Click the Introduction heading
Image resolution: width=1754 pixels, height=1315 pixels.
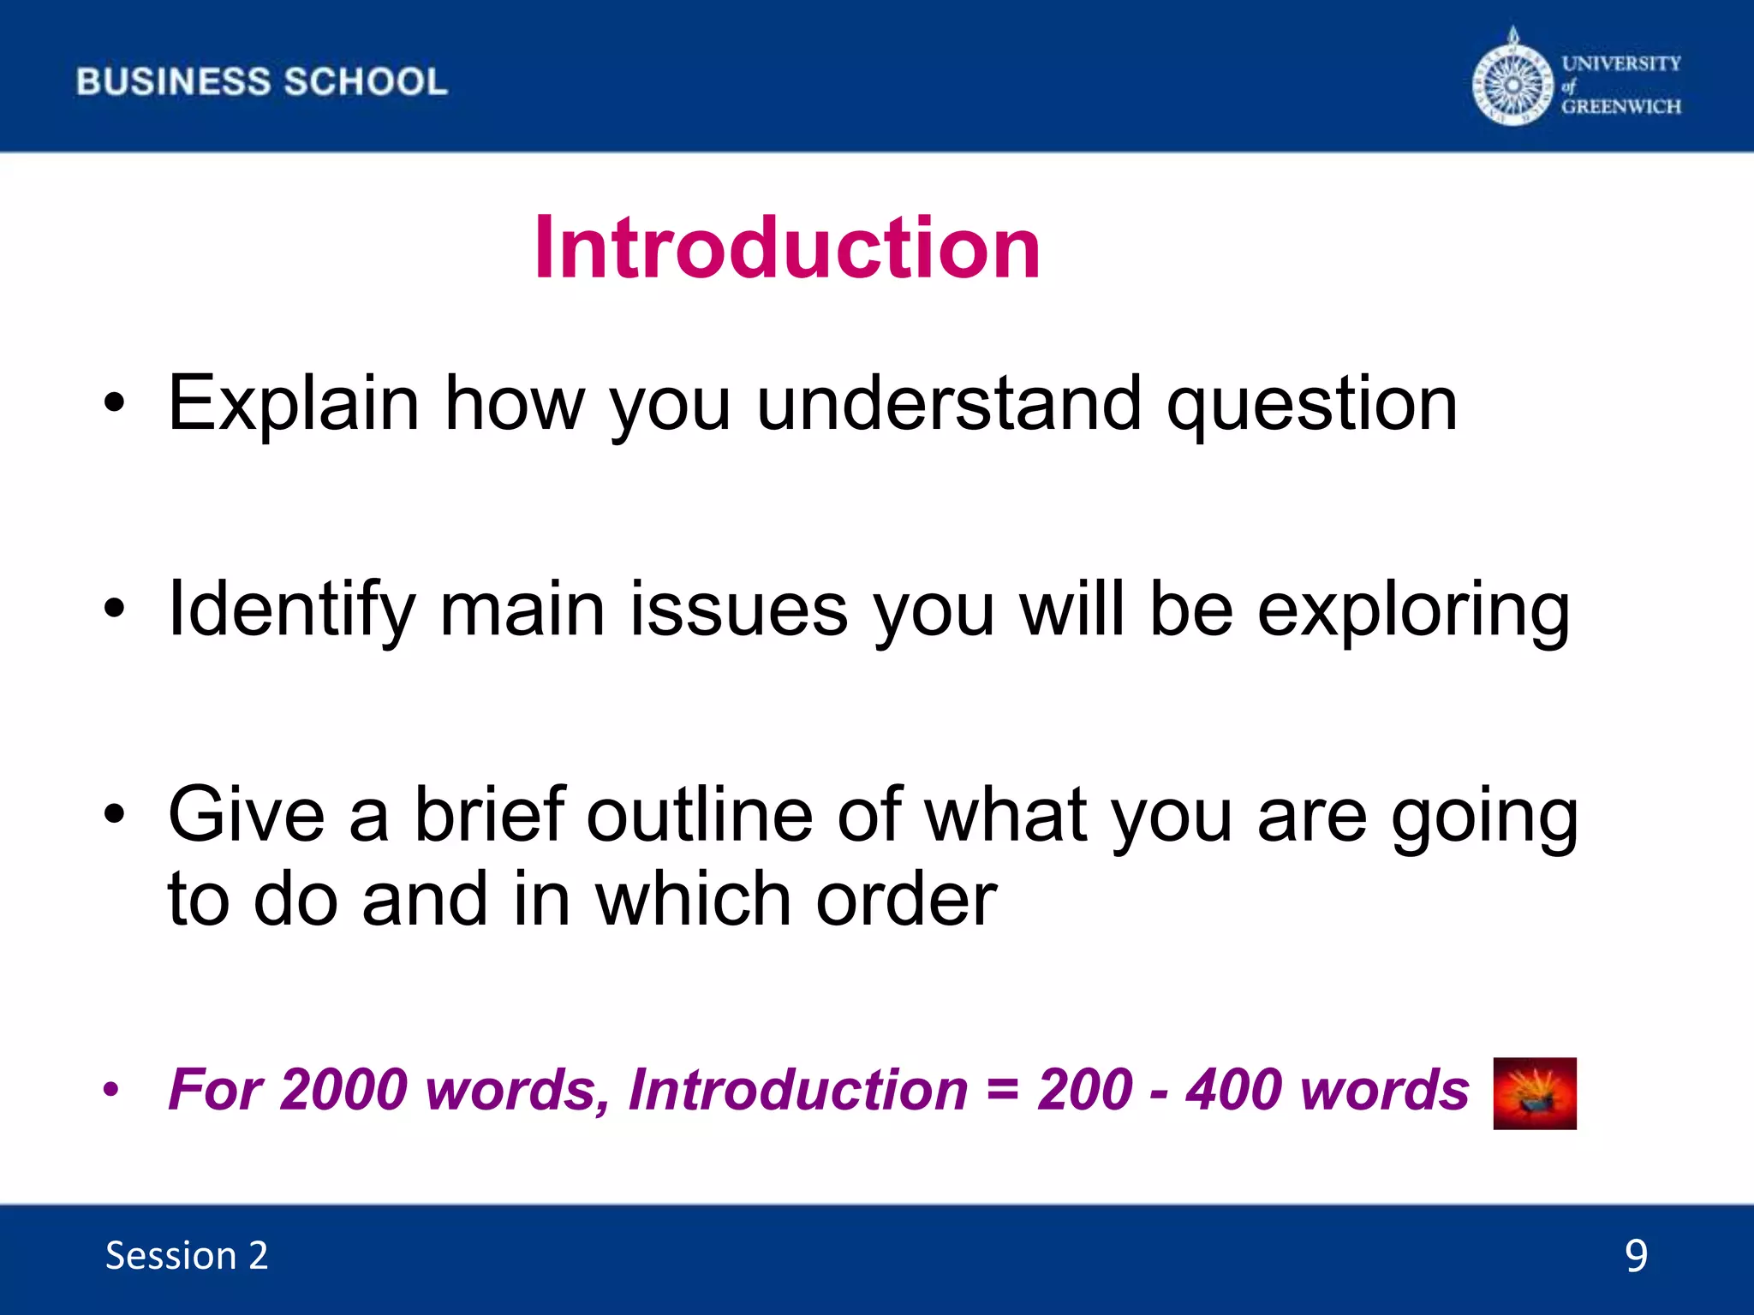[x=786, y=248]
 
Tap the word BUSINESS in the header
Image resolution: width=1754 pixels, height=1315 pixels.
[x=173, y=82]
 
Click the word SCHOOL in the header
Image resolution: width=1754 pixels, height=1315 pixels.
[x=366, y=82]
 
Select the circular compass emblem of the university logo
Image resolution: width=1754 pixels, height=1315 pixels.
[x=1512, y=85]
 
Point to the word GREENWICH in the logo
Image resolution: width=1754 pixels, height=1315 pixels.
[x=1621, y=106]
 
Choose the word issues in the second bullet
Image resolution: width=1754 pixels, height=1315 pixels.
[x=739, y=610]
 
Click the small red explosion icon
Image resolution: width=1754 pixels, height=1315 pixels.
[x=1534, y=1093]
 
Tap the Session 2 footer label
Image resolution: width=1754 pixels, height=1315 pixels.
[x=187, y=1256]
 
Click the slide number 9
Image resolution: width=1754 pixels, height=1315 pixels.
[x=1636, y=1256]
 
